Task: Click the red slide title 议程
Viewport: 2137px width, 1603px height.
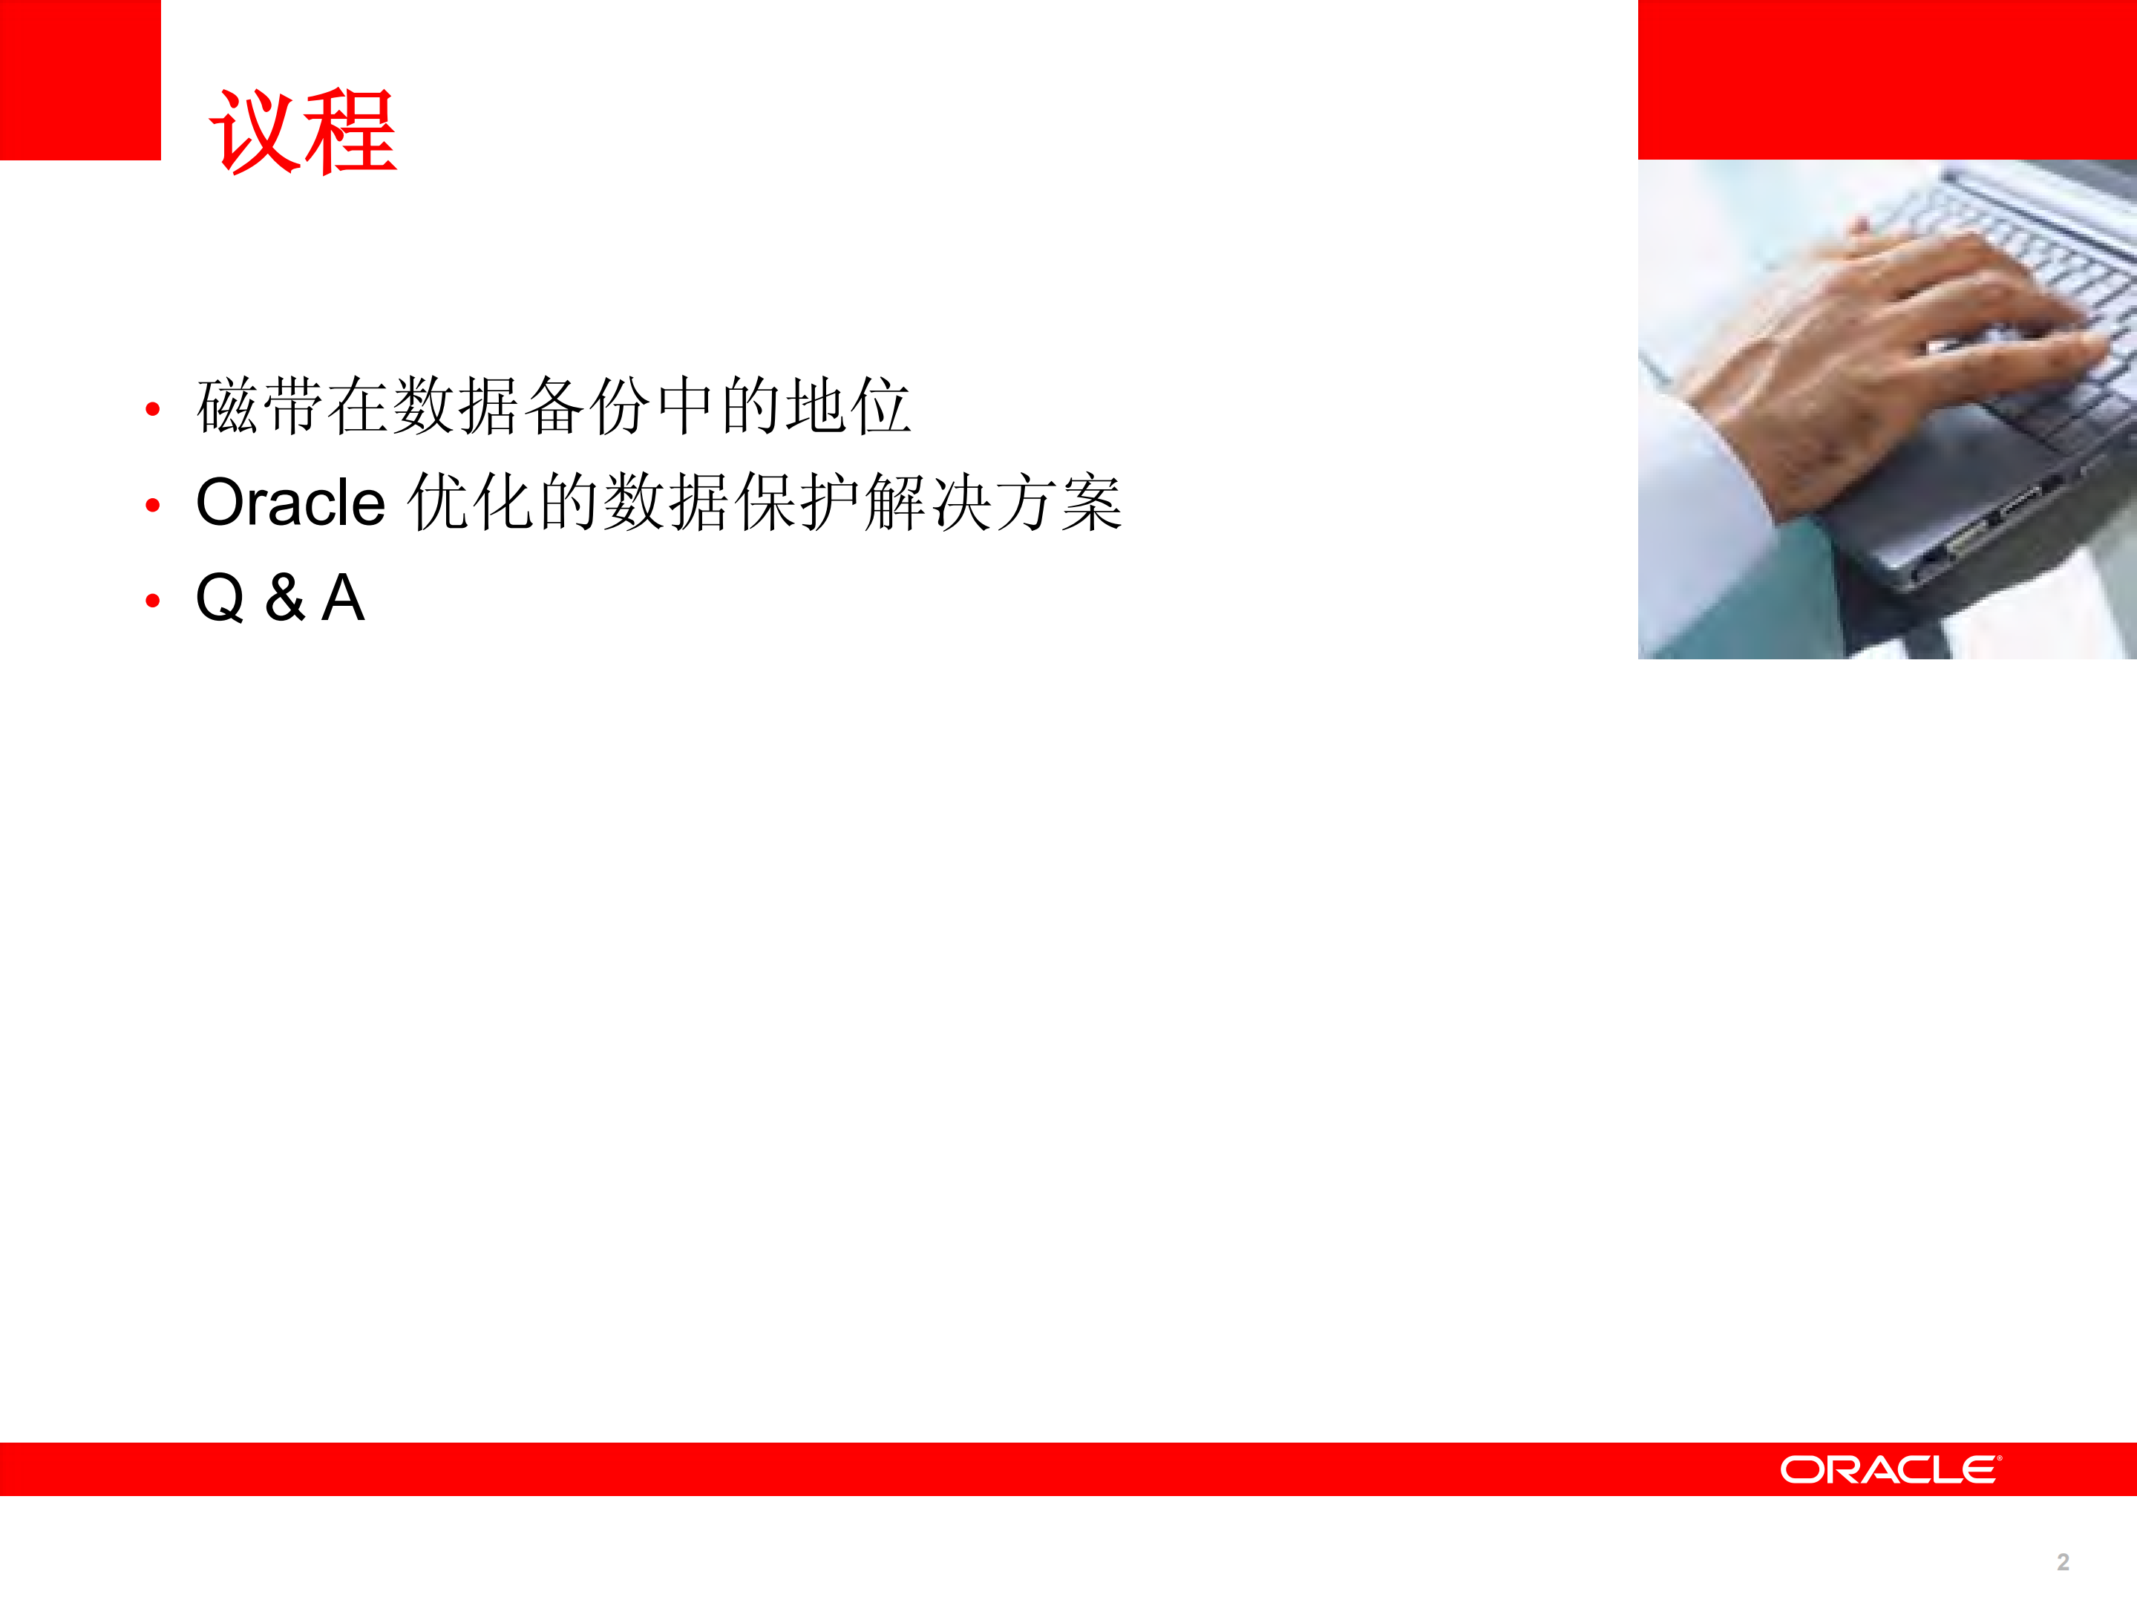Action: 302,131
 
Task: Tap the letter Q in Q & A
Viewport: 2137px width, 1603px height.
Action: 220,598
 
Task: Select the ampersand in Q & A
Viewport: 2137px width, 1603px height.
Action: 285,598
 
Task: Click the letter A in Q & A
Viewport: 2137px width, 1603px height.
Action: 343,598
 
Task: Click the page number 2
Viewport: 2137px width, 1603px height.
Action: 2063,1562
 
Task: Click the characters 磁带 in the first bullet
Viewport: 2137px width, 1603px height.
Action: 260,406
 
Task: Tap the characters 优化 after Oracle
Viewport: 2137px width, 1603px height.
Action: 471,503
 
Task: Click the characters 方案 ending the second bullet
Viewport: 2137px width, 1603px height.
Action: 1058,503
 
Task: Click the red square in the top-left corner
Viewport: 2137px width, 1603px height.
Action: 80,79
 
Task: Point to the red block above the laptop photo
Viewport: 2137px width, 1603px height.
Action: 1887,79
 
